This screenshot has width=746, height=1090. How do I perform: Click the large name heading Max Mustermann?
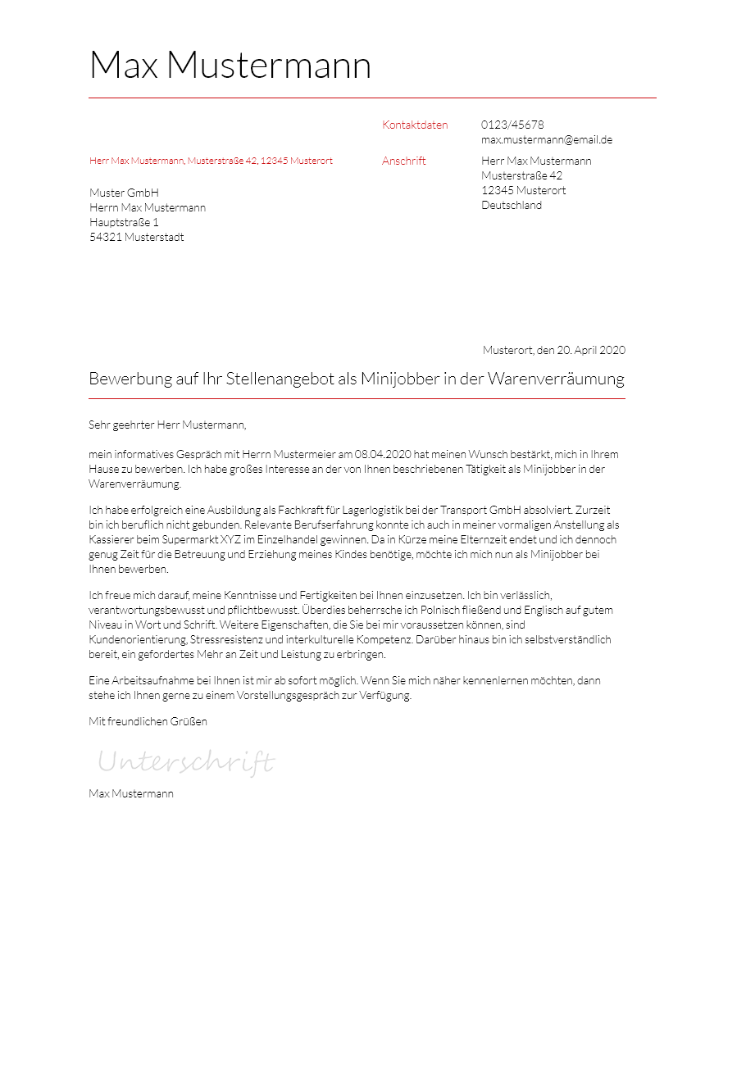click(230, 66)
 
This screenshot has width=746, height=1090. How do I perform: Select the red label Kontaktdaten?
click(415, 125)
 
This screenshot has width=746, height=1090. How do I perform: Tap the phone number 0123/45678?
click(512, 125)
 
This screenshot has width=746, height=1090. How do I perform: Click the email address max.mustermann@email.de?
click(547, 140)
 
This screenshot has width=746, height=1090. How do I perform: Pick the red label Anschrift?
click(404, 161)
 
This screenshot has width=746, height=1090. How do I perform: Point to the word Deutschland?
click(512, 206)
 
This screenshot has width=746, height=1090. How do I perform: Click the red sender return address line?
click(211, 161)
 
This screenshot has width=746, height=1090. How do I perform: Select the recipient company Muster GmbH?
click(124, 193)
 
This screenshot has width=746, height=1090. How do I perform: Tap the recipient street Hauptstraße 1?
click(124, 223)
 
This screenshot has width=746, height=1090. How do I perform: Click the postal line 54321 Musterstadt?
click(137, 238)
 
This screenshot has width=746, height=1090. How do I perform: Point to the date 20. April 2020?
click(591, 351)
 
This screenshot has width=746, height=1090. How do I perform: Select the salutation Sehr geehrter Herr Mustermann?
click(167, 425)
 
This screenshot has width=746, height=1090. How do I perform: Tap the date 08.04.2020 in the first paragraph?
click(383, 455)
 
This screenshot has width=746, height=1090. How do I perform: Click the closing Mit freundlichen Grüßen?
click(148, 722)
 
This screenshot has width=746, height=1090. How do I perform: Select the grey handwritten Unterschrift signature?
click(186, 762)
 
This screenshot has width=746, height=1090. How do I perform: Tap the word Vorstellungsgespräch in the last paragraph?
click(288, 696)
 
